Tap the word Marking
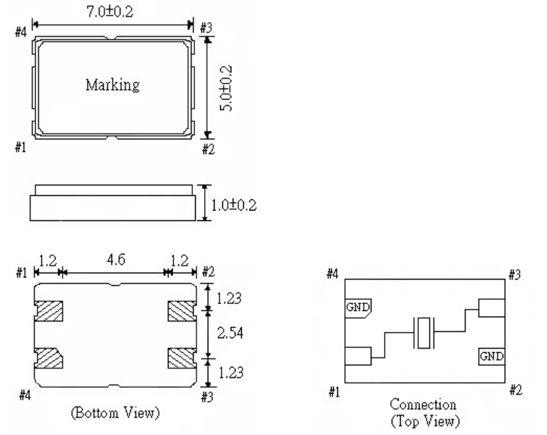pyautogui.click(x=112, y=86)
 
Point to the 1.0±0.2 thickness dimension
pyautogui.click(x=233, y=203)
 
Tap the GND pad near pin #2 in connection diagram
pyautogui.click(x=491, y=356)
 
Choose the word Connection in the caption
pyautogui.click(x=424, y=404)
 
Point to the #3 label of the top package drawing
pyautogui.click(x=206, y=28)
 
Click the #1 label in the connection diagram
pyautogui.click(x=334, y=391)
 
